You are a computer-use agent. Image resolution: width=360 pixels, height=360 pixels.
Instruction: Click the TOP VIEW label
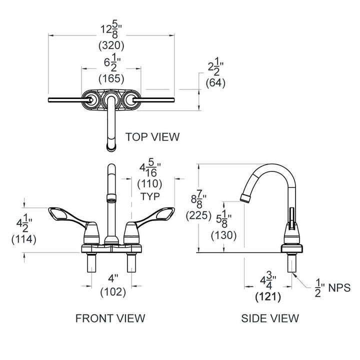152,136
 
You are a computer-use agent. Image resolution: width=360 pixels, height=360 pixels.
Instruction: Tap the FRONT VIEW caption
110,317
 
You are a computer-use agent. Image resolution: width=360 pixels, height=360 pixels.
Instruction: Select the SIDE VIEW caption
270,317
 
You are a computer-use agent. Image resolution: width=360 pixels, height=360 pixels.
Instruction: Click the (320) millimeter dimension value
111,45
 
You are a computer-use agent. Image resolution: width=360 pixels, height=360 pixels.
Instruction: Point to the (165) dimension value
111,78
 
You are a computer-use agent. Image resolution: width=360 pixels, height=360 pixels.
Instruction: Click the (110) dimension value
149,183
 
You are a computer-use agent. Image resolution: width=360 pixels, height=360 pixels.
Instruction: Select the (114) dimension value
23,239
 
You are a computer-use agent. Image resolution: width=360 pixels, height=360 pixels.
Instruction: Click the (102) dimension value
112,292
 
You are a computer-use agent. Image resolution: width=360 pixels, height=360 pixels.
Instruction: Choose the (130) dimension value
222,235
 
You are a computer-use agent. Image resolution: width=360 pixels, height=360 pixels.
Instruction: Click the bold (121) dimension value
267,296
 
